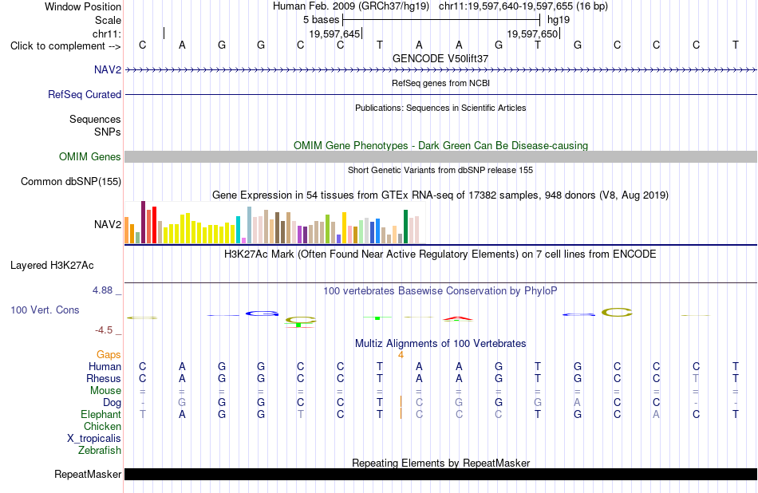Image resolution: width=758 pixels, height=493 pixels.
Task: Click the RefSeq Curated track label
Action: pyautogui.click(x=85, y=94)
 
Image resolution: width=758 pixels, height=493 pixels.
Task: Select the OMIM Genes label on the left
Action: pyautogui.click(x=90, y=156)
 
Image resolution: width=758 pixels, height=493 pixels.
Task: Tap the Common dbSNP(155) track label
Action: pyautogui.click(x=71, y=181)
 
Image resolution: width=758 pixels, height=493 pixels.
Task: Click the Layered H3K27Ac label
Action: pyautogui.click(x=52, y=266)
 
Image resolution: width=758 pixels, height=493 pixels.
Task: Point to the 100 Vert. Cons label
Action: pyautogui.click(x=45, y=310)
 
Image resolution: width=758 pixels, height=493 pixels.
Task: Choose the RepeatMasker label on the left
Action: pyautogui.click(x=88, y=474)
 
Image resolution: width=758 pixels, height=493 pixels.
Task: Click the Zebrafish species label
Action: pyautogui.click(x=100, y=450)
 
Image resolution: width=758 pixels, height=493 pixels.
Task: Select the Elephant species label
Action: pyautogui.click(x=101, y=414)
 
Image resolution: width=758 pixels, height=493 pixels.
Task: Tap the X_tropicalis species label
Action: pyautogui.click(x=94, y=439)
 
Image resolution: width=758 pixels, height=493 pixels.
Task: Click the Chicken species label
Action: pyautogui.click(x=102, y=426)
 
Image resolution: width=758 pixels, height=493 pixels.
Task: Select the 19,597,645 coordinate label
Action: pyautogui.click(x=334, y=34)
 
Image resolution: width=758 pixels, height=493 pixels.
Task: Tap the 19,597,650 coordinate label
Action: pyautogui.click(x=533, y=34)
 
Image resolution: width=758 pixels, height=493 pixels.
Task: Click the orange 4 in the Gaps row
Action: pyautogui.click(x=401, y=355)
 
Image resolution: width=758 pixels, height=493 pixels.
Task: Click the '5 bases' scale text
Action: pyautogui.click(x=322, y=20)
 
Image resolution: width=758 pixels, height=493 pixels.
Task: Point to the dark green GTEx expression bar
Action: pyautogui.click(x=405, y=227)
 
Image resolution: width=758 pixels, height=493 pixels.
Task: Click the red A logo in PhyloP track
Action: pyautogui.click(x=458, y=318)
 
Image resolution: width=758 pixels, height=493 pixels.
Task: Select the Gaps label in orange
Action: pyautogui.click(x=109, y=355)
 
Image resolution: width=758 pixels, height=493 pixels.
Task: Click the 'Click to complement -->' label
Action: pyautogui.click(x=65, y=46)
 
